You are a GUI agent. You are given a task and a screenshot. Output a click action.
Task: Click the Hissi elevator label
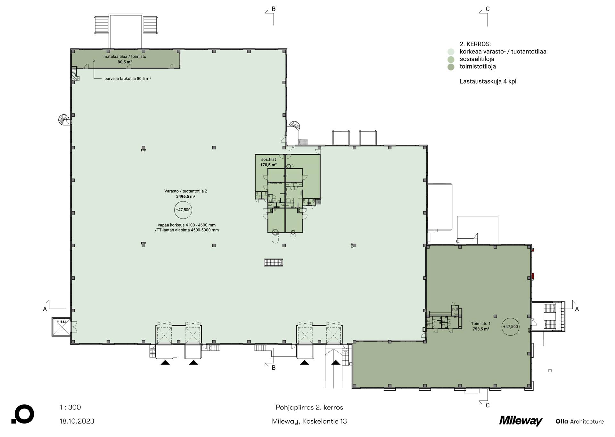61,321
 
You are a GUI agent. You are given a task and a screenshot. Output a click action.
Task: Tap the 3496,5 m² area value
186,197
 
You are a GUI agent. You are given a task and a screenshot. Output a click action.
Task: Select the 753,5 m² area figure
481,329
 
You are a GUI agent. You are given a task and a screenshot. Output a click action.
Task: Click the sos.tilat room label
268,160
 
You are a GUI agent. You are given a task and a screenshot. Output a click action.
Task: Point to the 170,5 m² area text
268,165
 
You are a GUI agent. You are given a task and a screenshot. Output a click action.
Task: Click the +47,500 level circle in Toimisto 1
510,327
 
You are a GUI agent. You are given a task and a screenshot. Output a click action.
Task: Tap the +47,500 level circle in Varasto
183,210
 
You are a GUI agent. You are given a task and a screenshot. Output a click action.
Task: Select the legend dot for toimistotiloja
451,67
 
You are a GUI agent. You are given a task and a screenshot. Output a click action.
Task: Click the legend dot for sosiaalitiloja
451,59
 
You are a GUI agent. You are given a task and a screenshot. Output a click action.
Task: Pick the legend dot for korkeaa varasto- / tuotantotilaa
451,52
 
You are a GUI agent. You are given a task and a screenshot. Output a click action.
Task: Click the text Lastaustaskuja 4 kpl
488,81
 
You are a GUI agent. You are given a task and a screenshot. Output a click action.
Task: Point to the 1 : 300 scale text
70,407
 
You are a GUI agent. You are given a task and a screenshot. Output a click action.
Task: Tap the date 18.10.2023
77,421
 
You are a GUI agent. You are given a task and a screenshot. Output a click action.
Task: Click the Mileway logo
521,421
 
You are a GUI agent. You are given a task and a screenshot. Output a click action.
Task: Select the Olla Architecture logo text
579,421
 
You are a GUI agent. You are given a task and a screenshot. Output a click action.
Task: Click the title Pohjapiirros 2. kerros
309,407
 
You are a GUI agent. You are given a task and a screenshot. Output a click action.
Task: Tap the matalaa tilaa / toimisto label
125,57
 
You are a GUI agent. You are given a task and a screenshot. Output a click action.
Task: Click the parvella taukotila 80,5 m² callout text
128,78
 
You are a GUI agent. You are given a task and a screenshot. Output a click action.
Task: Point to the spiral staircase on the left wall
64,120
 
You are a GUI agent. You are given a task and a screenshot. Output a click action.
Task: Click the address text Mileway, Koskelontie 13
309,421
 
